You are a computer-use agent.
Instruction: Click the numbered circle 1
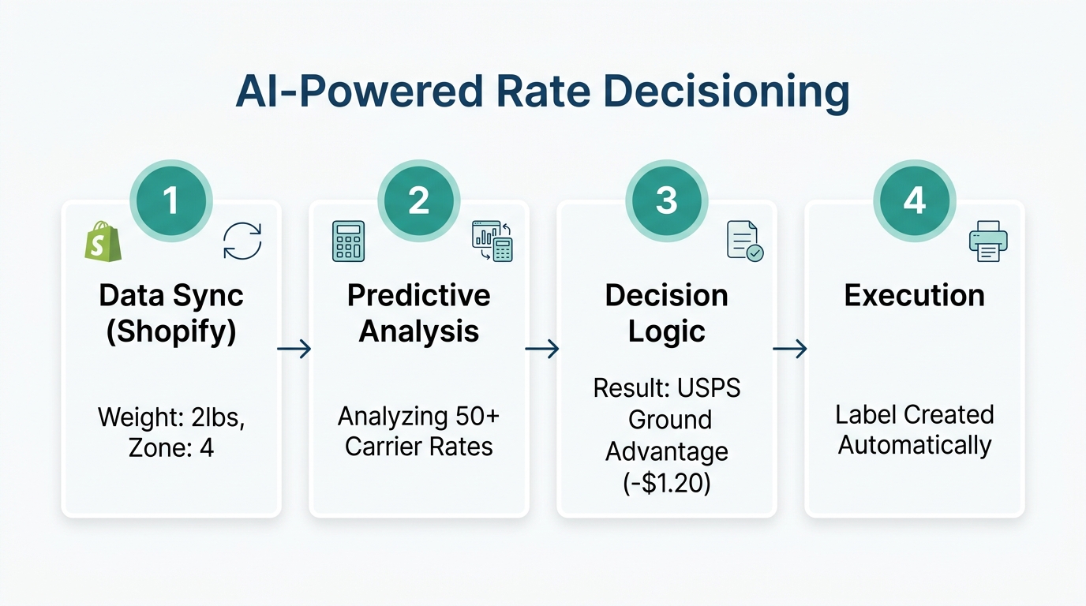coord(171,200)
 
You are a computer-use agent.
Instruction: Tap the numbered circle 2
coord(418,200)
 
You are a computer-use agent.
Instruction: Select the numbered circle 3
coord(666,200)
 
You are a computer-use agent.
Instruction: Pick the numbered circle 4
coord(914,200)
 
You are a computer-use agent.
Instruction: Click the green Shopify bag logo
coord(103,241)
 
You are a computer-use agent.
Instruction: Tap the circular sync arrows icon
coord(242,241)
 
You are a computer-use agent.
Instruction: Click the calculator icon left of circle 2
coord(349,241)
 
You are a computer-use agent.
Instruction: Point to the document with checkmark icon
coord(744,241)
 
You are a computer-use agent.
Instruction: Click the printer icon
coord(988,241)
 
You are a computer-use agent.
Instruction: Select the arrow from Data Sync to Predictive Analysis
coord(294,349)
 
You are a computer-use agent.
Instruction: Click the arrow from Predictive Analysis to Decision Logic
coord(542,349)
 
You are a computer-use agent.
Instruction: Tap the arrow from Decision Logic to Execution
coord(790,349)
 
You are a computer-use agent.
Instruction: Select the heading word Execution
coord(914,296)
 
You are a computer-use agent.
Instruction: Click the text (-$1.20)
coord(667,483)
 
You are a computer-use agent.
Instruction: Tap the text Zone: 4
coord(171,448)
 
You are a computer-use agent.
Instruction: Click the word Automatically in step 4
coord(914,445)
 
